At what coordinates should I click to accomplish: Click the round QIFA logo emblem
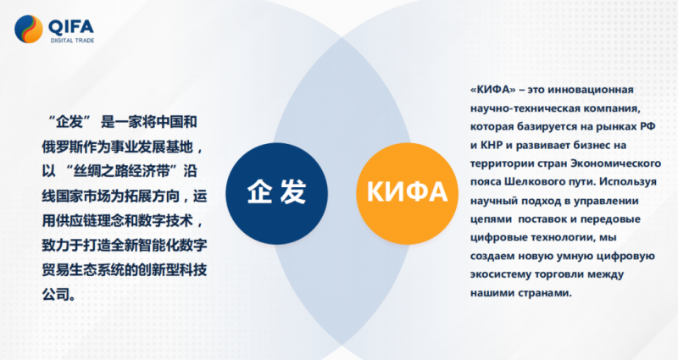click(29, 30)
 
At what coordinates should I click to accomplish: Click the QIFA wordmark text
click(71, 27)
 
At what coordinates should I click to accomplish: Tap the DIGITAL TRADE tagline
click(72, 41)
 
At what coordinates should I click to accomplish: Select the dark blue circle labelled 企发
click(277, 193)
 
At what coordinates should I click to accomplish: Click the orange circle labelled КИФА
click(408, 193)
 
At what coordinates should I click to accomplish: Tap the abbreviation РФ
click(647, 126)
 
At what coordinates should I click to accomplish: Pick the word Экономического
click(616, 163)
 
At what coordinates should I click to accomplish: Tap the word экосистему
click(501, 274)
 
